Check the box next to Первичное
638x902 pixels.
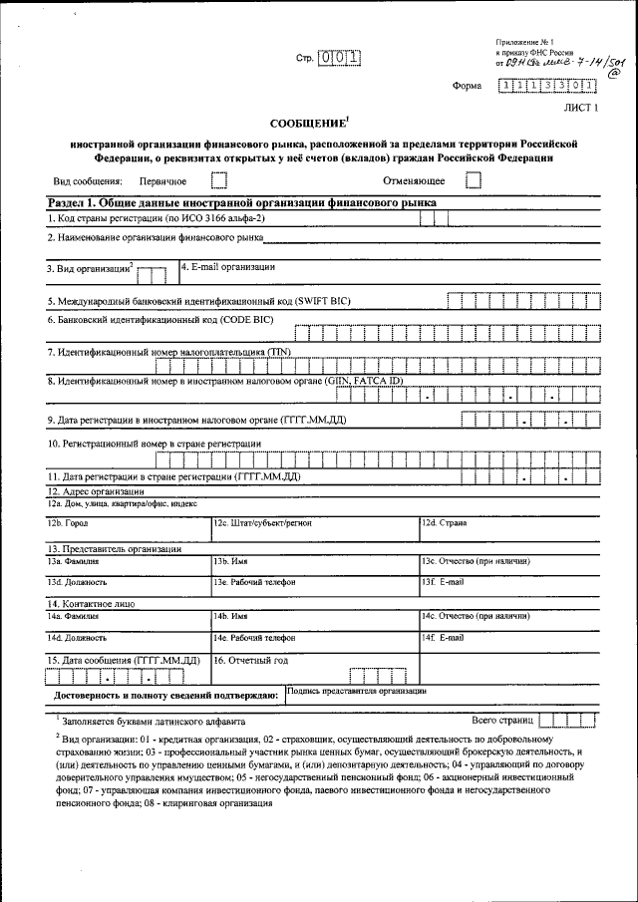pos(219,180)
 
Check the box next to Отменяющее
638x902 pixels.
pos(473,180)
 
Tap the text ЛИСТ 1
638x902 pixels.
pos(581,108)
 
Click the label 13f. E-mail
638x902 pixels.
pos(443,581)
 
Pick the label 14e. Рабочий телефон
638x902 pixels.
pos(254,637)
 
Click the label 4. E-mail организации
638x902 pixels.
pos(228,267)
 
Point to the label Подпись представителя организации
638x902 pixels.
pos(356,690)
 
